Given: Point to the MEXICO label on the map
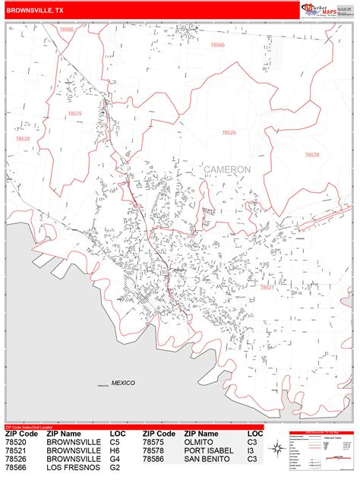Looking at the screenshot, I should (x=122, y=383).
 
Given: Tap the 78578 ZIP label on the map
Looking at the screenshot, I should (x=312, y=154).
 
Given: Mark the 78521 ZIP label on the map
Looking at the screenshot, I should (x=267, y=287).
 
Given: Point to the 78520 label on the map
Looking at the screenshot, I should (x=23, y=139).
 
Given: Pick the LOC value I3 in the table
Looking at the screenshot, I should (x=251, y=450).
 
